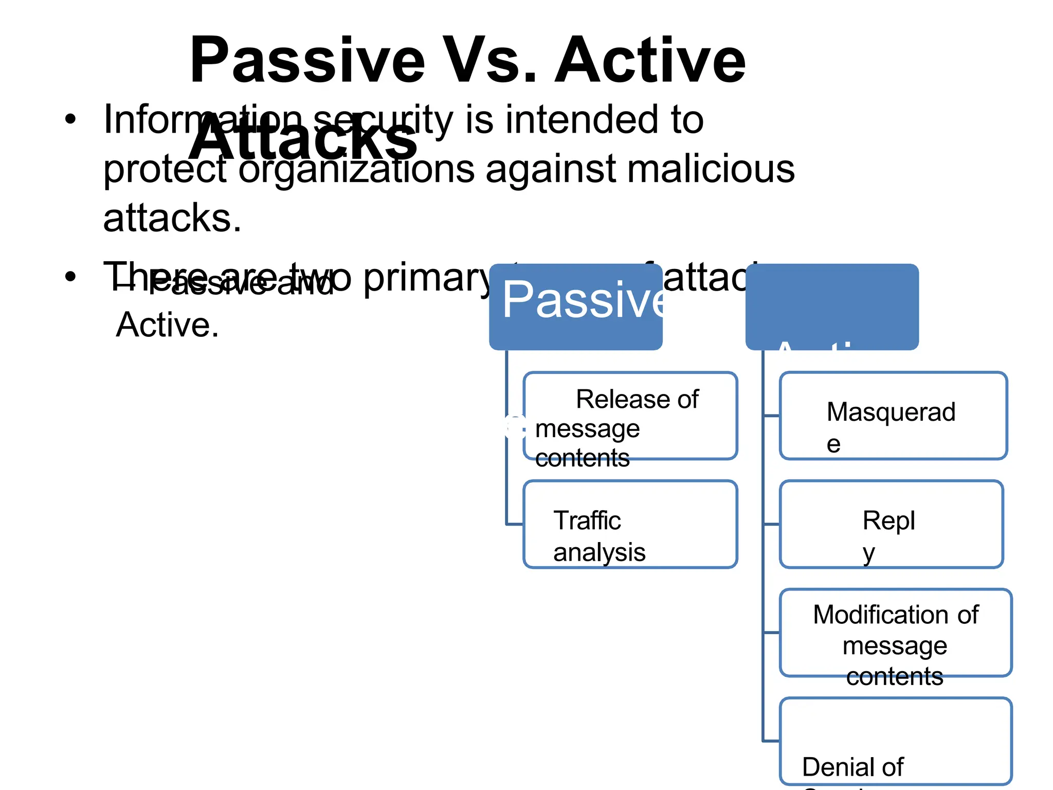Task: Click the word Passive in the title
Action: coord(307,61)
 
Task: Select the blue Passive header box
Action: coord(575,307)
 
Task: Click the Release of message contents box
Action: coord(630,416)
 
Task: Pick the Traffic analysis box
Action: coord(630,524)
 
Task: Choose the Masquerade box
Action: coord(893,416)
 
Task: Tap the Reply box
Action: coord(891,524)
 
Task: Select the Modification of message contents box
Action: coord(895,633)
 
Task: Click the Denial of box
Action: coord(895,741)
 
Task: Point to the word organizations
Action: coord(356,170)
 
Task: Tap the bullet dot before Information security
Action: coord(70,120)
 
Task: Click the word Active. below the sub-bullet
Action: coord(167,325)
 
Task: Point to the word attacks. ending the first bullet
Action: coord(172,218)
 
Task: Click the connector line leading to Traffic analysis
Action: coord(514,524)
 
